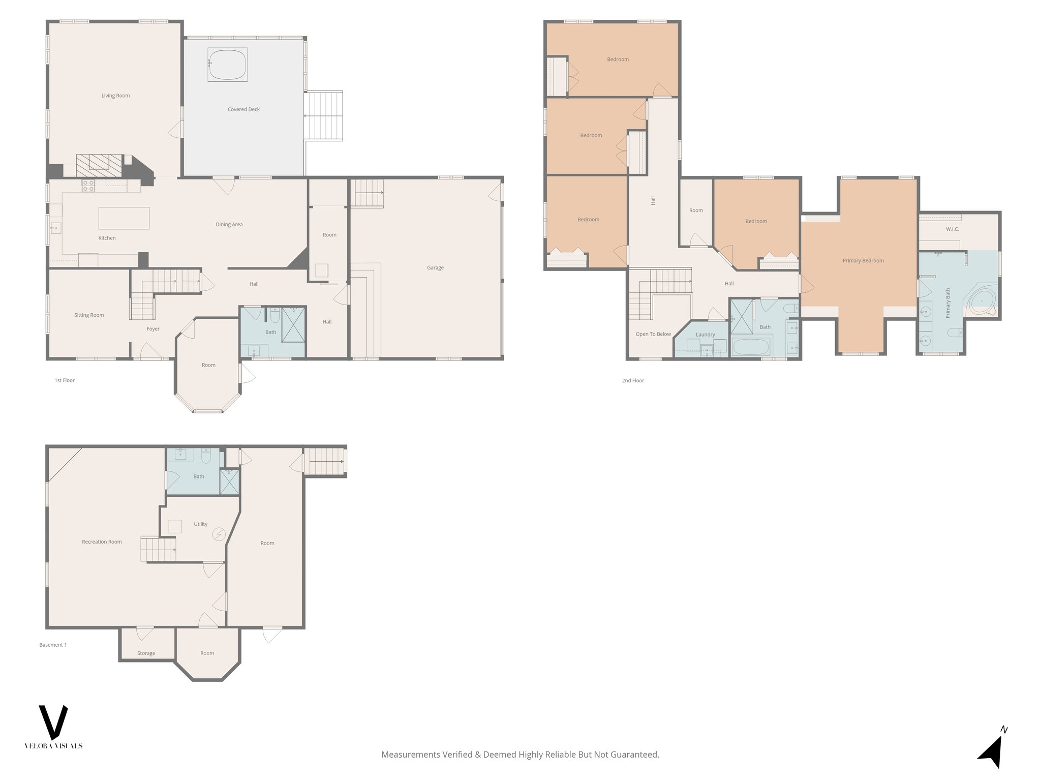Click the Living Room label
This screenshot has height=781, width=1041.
(x=115, y=96)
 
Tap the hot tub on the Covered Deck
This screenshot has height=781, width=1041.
(x=227, y=65)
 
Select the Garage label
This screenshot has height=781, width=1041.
(x=435, y=267)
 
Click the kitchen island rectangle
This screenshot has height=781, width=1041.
(x=124, y=218)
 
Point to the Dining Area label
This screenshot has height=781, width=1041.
(x=229, y=224)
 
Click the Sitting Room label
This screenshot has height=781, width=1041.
(x=89, y=315)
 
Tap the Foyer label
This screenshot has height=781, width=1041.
(x=153, y=329)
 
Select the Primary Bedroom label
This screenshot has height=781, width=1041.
(x=863, y=261)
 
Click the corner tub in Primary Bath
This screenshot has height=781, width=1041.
(x=982, y=302)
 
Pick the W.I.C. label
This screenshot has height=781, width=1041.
(x=953, y=229)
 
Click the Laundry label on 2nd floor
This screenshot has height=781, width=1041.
(x=705, y=335)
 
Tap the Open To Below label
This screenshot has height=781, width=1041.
(x=653, y=334)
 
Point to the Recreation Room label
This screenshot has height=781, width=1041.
(x=102, y=542)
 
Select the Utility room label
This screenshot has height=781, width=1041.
(x=200, y=524)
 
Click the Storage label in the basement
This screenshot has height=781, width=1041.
(x=146, y=653)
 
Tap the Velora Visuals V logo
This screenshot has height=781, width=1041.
(x=53, y=722)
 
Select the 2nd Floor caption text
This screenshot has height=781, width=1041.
(x=633, y=380)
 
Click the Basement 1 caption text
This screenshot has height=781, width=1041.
(x=53, y=645)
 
